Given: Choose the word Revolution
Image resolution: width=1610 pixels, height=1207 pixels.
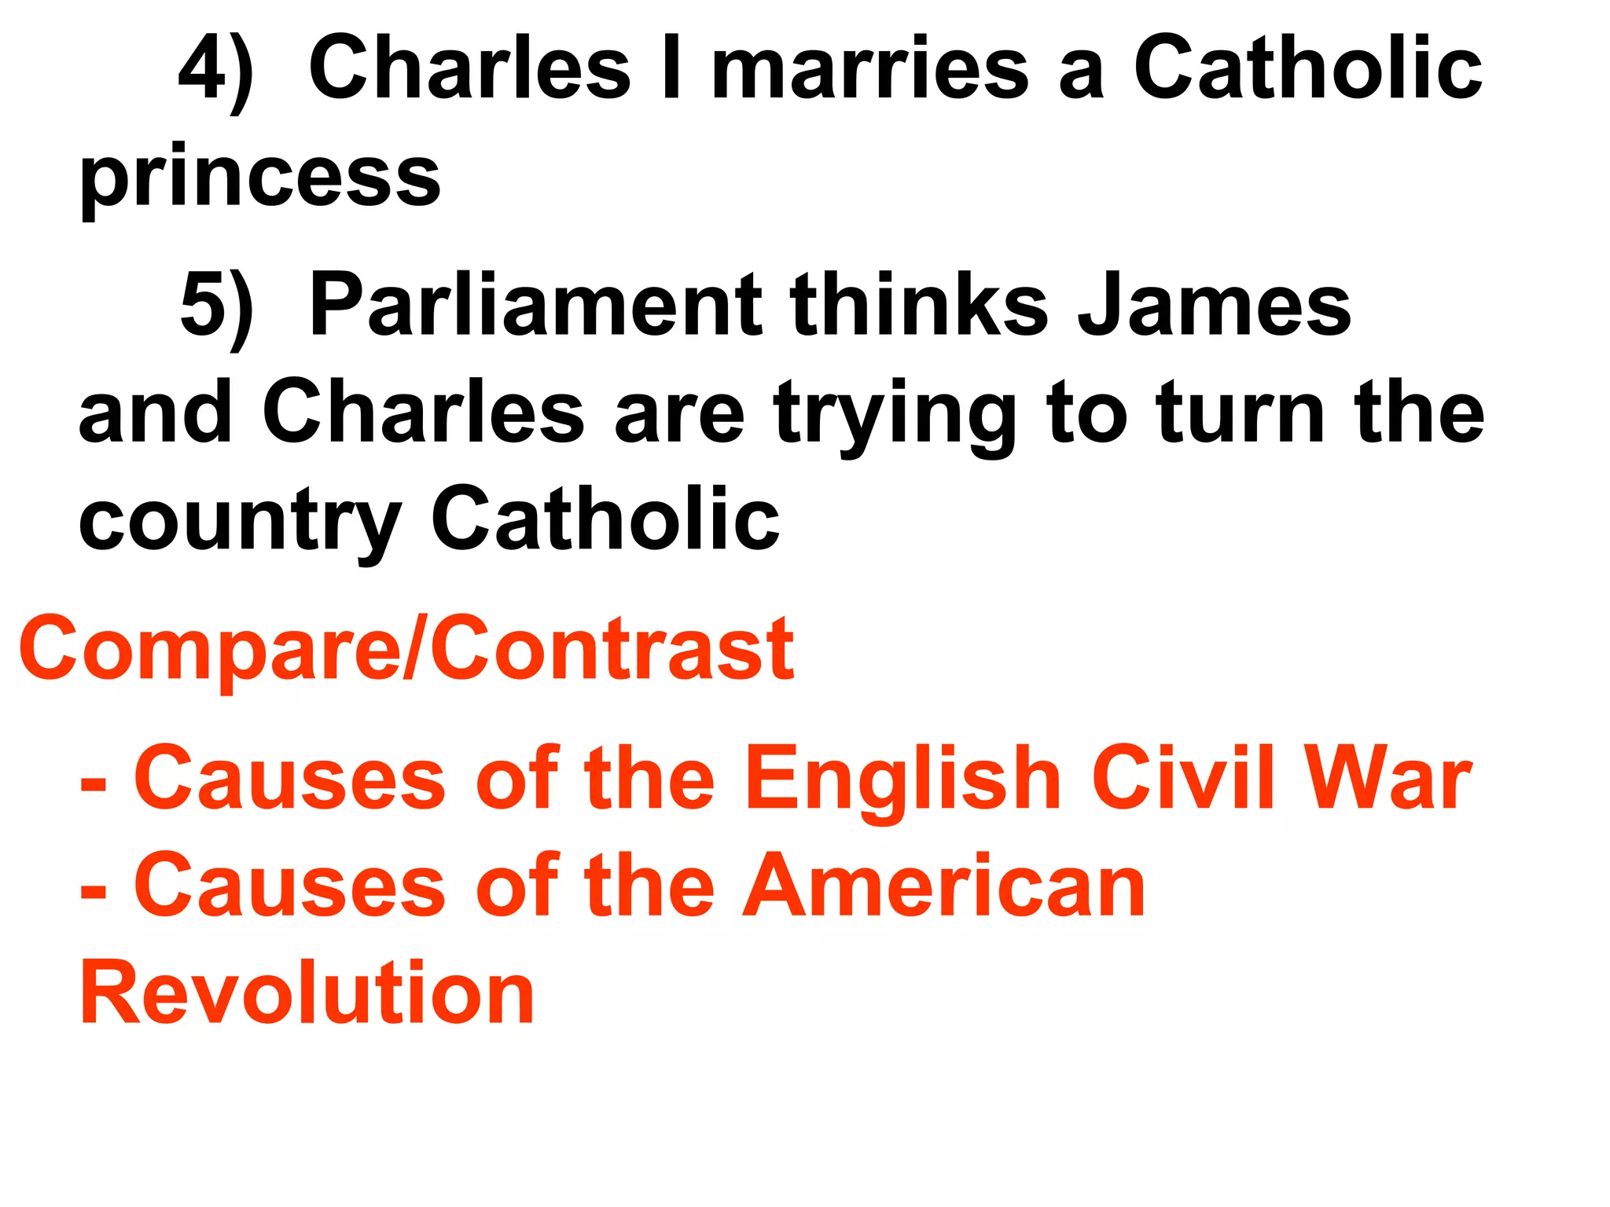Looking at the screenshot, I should [x=307, y=993].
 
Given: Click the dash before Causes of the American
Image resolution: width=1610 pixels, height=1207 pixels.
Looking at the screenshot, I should [x=94, y=893].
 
